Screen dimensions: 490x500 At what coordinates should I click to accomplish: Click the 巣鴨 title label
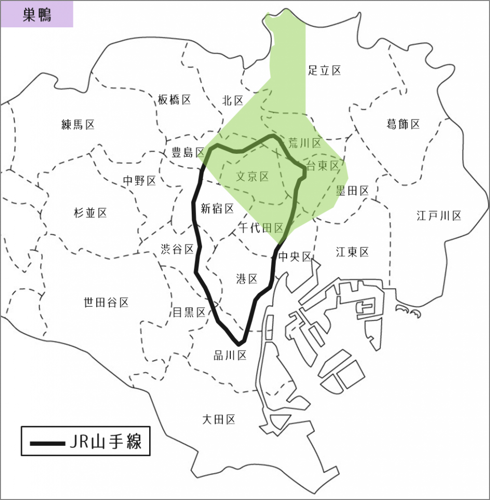tap(37, 14)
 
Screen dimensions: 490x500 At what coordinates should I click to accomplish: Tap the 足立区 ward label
tap(324, 70)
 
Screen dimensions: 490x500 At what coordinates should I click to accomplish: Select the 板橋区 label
tap(174, 100)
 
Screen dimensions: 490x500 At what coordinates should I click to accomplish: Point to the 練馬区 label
tap(78, 125)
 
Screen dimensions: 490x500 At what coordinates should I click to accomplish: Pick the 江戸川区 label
tap(439, 215)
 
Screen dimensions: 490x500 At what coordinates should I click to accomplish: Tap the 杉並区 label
tap(90, 213)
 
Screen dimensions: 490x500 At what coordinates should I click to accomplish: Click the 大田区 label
tap(219, 419)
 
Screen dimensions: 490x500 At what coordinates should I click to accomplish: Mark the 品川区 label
tap(230, 355)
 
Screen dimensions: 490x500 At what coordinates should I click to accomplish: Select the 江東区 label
tap(352, 252)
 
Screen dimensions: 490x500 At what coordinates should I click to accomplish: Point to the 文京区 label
tap(252, 176)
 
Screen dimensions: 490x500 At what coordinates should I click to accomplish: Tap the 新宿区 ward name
tap(217, 209)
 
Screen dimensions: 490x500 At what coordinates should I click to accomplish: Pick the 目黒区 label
tap(189, 312)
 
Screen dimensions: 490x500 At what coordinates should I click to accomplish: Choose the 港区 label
tap(246, 279)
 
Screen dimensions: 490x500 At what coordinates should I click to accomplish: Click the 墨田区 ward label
tap(352, 191)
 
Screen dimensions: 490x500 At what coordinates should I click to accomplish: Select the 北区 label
tap(233, 101)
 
